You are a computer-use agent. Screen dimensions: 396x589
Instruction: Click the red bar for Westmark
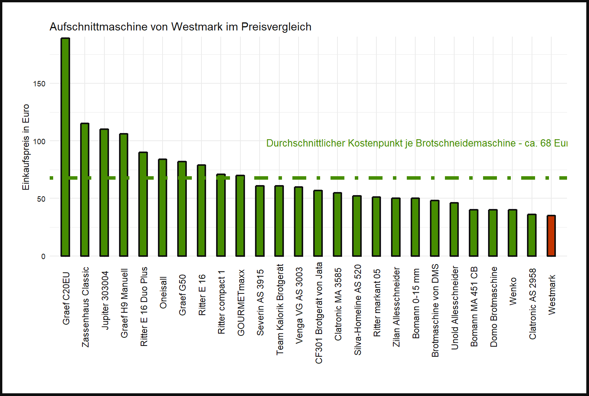[x=551, y=236]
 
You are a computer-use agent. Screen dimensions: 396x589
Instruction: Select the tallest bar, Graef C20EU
[x=65, y=147]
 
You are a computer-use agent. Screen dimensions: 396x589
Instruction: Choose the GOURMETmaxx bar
[x=240, y=216]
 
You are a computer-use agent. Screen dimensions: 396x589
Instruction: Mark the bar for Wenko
[x=512, y=233]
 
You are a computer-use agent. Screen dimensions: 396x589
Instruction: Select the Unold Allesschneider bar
[x=454, y=229]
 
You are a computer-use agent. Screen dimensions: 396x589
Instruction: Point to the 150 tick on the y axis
[x=39, y=84]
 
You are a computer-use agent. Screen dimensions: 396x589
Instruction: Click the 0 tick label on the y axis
[x=43, y=256]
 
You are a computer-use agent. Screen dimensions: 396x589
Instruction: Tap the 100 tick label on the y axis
[x=39, y=142]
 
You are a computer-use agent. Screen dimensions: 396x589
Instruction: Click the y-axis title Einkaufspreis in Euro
[x=26, y=147]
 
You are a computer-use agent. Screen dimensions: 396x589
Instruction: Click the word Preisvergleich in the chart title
[x=276, y=27]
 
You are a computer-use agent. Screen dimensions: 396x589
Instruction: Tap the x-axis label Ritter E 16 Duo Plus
[x=144, y=307]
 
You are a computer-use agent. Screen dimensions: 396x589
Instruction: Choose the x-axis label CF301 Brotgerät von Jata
[x=319, y=313]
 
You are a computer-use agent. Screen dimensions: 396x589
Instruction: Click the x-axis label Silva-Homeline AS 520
[x=358, y=310]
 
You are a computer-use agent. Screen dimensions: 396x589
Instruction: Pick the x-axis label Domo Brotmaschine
[x=494, y=307]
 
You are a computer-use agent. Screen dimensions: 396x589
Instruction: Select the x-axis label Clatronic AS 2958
[x=533, y=304]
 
